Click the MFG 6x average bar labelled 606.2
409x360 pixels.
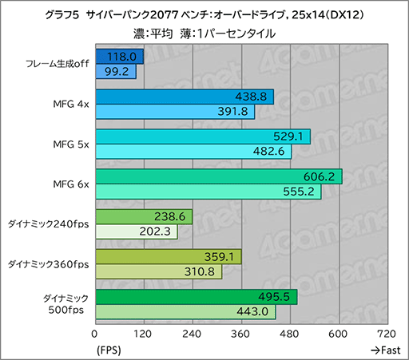pyautogui.click(x=218, y=176)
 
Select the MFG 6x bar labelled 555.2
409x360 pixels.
pyautogui.click(x=208, y=192)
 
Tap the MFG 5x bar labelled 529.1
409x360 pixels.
pyautogui.click(x=202, y=136)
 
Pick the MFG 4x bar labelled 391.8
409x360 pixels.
pyautogui.click(x=174, y=112)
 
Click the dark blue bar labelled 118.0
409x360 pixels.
pyautogui.click(x=119, y=57)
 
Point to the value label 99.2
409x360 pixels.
pyautogui.click(x=121, y=72)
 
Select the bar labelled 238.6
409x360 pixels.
pyautogui.click(x=143, y=216)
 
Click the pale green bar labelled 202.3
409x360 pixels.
pyautogui.click(x=136, y=232)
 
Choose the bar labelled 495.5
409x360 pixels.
pyautogui.click(x=196, y=297)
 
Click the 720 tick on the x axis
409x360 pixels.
pyautogui.click(x=387, y=334)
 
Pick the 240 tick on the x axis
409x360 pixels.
pyautogui.click(x=192, y=334)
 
